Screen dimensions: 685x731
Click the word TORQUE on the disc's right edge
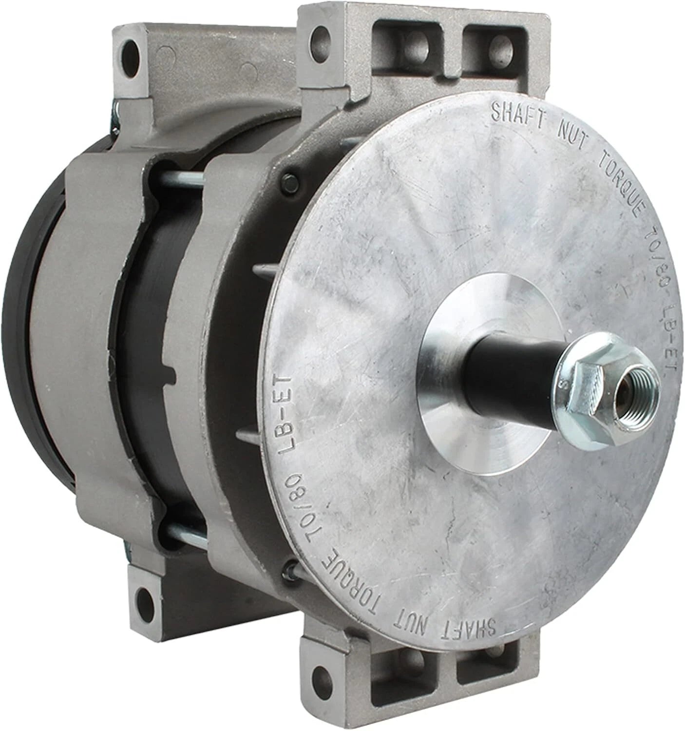click(x=622, y=199)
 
